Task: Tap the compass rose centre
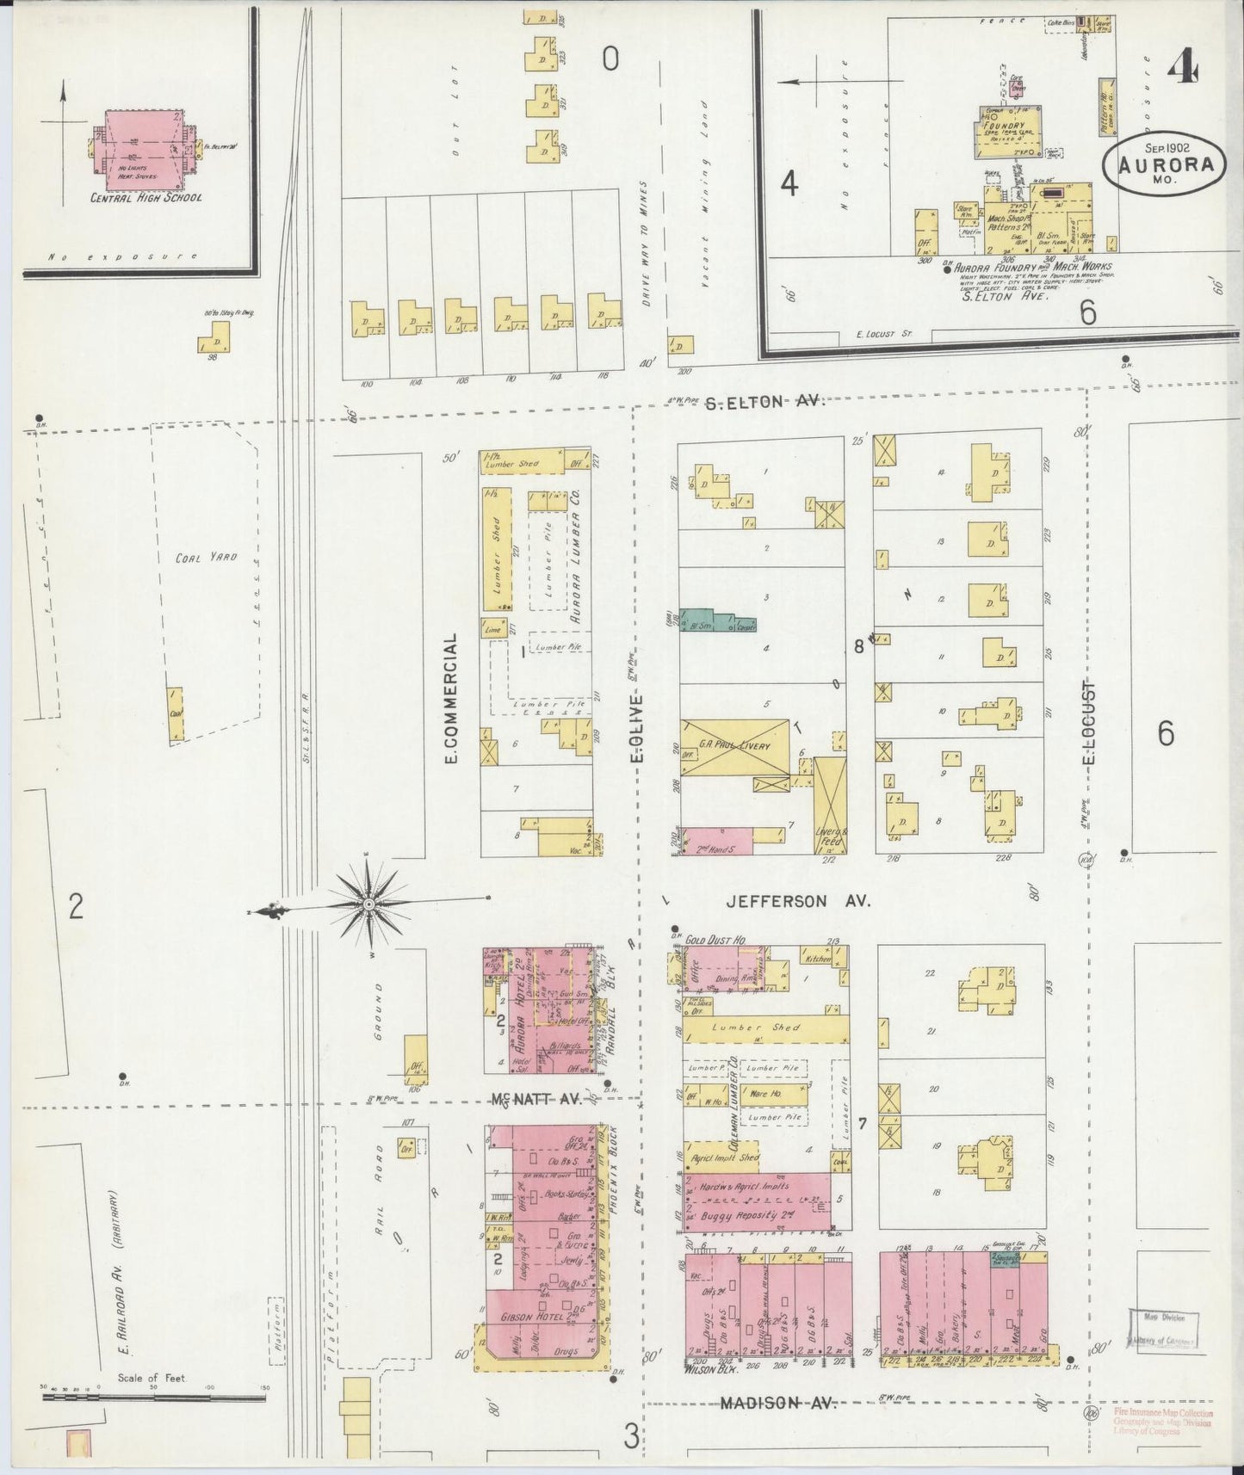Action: [x=368, y=904]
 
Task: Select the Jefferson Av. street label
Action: [x=798, y=901]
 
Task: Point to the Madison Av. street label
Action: [x=778, y=1403]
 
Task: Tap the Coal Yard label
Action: [x=201, y=558]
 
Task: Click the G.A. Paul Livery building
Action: [x=734, y=747]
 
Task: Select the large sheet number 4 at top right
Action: [x=1184, y=65]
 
